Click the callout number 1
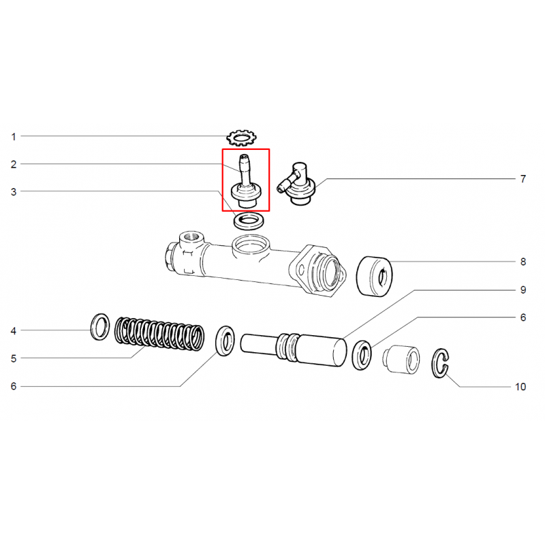click(14, 137)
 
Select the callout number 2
click(14, 164)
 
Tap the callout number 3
click(14, 192)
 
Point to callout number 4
click(14, 331)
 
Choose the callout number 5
click(14, 359)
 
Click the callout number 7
click(523, 179)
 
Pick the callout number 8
click(523, 262)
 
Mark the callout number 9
click(523, 290)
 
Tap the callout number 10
click(520, 387)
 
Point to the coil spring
click(159, 334)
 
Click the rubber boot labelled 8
click(374, 277)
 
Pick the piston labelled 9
click(294, 349)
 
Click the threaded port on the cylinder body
click(191, 238)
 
